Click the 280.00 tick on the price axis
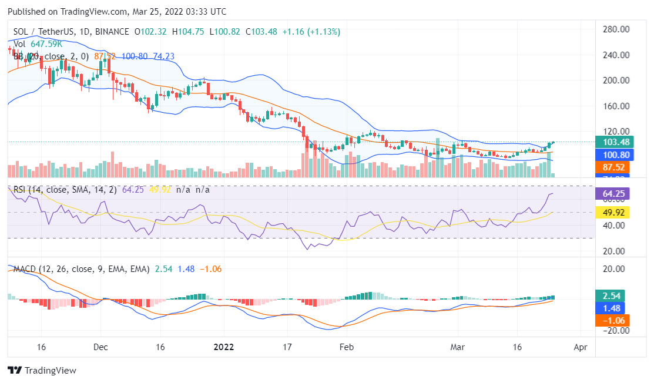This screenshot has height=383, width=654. coord(618,29)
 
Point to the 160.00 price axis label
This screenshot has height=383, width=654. coord(618,106)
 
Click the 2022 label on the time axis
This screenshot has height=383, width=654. coord(224,347)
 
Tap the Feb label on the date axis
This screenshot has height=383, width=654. coord(347,347)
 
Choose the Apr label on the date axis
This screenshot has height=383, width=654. coord(580,347)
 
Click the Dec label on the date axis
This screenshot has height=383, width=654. coord(100,347)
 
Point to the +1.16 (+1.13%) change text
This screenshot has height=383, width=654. coord(312,31)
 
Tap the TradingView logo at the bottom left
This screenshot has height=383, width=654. coord(42,371)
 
